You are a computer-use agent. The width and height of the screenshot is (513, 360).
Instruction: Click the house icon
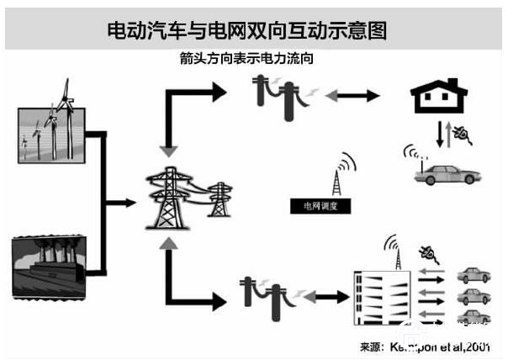tap(436, 98)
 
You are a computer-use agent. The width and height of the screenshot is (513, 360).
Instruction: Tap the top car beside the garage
tap(473, 276)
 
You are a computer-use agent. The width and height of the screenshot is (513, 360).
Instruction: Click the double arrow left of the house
tap(352, 97)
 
